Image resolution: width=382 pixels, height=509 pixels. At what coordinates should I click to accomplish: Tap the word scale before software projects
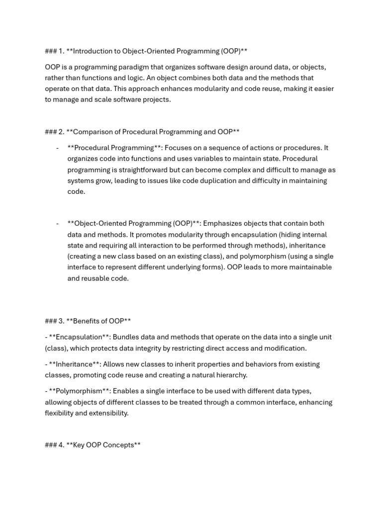[92, 99]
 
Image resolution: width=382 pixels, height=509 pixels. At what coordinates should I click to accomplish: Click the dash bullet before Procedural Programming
[58, 148]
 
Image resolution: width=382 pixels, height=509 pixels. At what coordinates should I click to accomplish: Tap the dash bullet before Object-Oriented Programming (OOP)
[58, 223]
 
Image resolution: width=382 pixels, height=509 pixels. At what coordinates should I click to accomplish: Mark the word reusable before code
[97, 278]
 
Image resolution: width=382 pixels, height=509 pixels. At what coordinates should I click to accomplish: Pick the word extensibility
[107, 413]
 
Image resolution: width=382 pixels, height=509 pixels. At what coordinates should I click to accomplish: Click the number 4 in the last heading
[61, 445]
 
